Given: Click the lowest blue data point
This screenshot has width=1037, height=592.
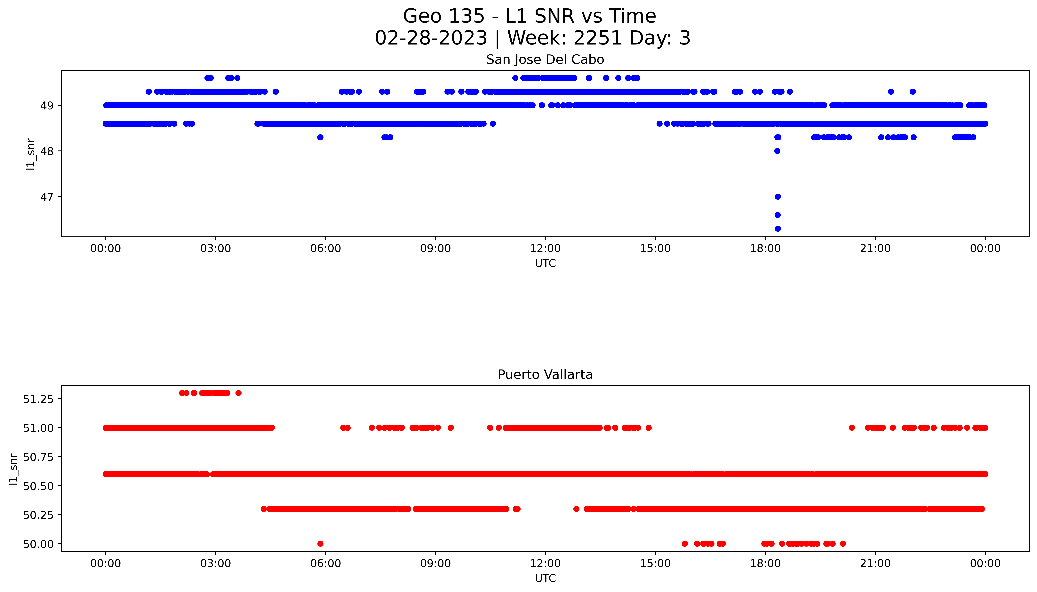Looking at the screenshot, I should (x=777, y=229).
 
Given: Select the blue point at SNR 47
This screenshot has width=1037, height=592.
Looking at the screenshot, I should (x=777, y=197).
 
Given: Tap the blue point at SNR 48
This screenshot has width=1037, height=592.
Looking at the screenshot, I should (x=777, y=151).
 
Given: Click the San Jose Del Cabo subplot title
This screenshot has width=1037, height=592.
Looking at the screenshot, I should (x=545, y=60).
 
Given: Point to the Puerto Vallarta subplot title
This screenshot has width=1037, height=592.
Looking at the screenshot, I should (x=545, y=375).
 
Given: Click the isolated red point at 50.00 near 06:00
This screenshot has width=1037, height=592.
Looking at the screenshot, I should (x=320, y=544).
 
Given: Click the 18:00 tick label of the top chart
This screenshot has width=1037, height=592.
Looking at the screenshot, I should (x=765, y=248).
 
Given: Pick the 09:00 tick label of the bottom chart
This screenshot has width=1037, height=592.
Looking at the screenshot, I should (x=435, y=564).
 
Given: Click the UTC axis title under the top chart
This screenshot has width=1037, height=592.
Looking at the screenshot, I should (x=545, y=264).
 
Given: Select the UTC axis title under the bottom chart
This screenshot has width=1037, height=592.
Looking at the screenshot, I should (x=545, y=578).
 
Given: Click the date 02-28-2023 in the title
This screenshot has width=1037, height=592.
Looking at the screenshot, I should (x=431, y=38).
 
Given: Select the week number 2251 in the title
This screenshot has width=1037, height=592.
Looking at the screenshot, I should (x=597, y=38).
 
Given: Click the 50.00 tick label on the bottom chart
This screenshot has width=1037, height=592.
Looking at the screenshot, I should (x=38, y=544).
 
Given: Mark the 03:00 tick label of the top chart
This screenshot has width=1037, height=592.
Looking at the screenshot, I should (x=215, y=248).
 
